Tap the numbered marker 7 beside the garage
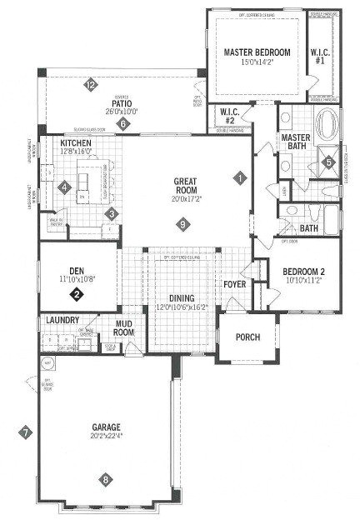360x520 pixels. pyautogui.click(x=26, y=432)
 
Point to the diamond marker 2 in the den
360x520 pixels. pyautogui.click(x=77, y=293)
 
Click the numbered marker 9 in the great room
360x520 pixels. pyautogui.click(x=183, y=222)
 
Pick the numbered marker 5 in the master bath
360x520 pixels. pyautogui.click(x=327, y=161)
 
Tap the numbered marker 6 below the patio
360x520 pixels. pyautogui.click(x=123, y=124)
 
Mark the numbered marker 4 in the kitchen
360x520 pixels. pyautogui.click(x=65, y=187)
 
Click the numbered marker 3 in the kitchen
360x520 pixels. pyautogui.click(x=109, y=213)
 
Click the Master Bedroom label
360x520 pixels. pyautogui.click(x=257, y=52)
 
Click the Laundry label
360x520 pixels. pyautogui.click(x=63, y=319)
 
